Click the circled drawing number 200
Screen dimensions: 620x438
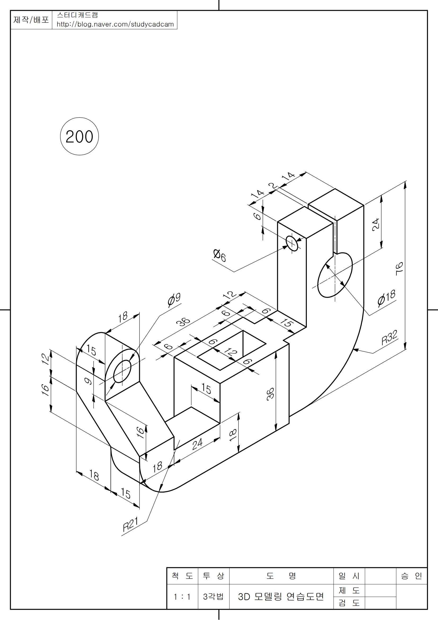79,137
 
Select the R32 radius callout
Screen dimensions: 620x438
389,337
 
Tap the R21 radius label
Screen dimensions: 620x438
130,524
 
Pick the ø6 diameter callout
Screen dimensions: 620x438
219,255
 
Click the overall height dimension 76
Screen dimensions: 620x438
399,269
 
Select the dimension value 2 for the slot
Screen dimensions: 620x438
273,186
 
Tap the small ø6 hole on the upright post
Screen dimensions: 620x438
292,243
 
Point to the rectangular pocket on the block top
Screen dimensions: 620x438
232,350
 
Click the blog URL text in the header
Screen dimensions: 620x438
115,24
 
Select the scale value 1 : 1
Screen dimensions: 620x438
182,596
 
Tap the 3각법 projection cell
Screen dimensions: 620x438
213,596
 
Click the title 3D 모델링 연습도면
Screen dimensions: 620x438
281,596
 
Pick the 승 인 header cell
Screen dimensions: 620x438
411,576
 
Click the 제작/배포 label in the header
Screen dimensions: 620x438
31,20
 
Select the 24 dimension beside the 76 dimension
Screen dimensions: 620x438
376,225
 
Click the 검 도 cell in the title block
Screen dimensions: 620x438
349,603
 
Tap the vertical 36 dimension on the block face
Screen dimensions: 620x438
270,393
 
